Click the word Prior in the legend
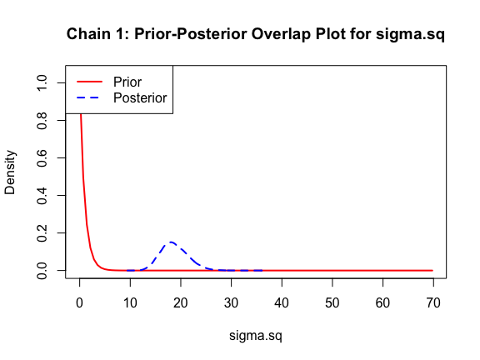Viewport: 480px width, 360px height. click(x=127, y=82)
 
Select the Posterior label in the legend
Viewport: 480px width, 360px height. click(x=140, y=98)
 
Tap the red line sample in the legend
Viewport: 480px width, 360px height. click(x=89, y=82)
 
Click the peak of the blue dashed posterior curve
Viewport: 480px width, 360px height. click(x=171, y=242)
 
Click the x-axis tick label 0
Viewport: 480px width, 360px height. click(x=80, y=302)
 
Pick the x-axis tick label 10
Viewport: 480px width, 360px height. click(x=130, y=302)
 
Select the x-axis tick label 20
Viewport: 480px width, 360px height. click(x=181, y=302)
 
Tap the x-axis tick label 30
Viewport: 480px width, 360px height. click(x=231, y=302)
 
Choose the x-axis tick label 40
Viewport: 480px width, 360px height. click(x=282, y=302)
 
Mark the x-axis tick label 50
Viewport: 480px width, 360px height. click(x=332, y=302)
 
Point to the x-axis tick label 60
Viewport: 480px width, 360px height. click(x=382, y=302)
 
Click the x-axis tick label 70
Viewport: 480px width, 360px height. click(x=433, y=302)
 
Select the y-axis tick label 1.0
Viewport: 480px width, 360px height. click(x=42, y=82)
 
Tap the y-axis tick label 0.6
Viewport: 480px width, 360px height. click(x=42, y=158)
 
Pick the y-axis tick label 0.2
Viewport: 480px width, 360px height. click(x=42, y=233)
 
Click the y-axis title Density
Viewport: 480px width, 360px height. click(x=10, y=172)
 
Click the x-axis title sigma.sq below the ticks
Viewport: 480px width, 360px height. click(x=256, y=336)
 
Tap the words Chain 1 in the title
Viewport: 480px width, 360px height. click(x=97, y=33)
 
